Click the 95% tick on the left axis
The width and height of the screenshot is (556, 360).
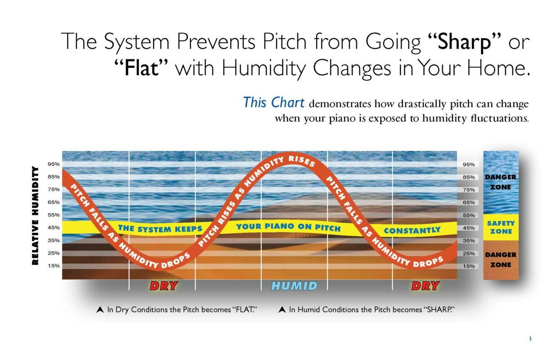click(54, 164)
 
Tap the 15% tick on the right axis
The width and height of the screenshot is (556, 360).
click(469, 266)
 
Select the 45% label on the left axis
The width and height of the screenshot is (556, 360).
click(54, 228)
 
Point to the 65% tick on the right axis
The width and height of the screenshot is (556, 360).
click(469, 202)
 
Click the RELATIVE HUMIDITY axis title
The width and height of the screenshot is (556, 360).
click(35, 216)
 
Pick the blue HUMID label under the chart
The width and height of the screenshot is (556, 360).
click(294, 286)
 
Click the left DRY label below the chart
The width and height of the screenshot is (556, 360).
click(164, 286)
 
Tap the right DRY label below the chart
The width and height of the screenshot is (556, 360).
click(426, 286)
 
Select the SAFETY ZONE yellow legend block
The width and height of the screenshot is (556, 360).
click(501, 227)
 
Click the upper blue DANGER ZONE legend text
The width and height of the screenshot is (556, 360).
click(501, 182)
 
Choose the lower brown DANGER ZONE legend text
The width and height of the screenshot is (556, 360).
click(501, 260)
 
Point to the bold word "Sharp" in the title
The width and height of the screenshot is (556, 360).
click(464, 42)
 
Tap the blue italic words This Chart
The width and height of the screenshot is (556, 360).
click(274, 103)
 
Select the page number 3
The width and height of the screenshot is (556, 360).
click(530, 339)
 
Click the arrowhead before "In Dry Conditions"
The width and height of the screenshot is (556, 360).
click(100, 310)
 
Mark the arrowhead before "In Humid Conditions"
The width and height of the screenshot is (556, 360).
click(282, 310)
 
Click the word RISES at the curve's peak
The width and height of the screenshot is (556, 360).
click(302, 161)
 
